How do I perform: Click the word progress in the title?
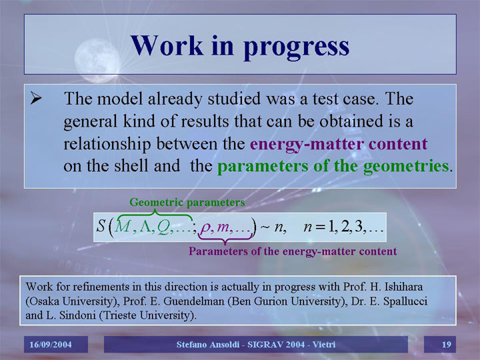(x=296, y=47)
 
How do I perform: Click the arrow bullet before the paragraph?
(x=36, y=98)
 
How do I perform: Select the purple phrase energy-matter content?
(x=339, y=144)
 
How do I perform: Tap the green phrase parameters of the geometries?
(x=333, y=166)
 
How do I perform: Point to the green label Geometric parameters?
(x=187, y=203)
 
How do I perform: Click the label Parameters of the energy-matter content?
(x=293, y=251)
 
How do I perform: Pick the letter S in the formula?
(x=101, y=226)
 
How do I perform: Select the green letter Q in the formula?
(x=163, y=228)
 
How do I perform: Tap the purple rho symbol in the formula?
(x=204, y=228)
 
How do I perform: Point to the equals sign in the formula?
(x=321, y=227)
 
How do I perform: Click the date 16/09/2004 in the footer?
(x=51, y=345)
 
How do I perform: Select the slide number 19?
(x=446, y=345)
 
